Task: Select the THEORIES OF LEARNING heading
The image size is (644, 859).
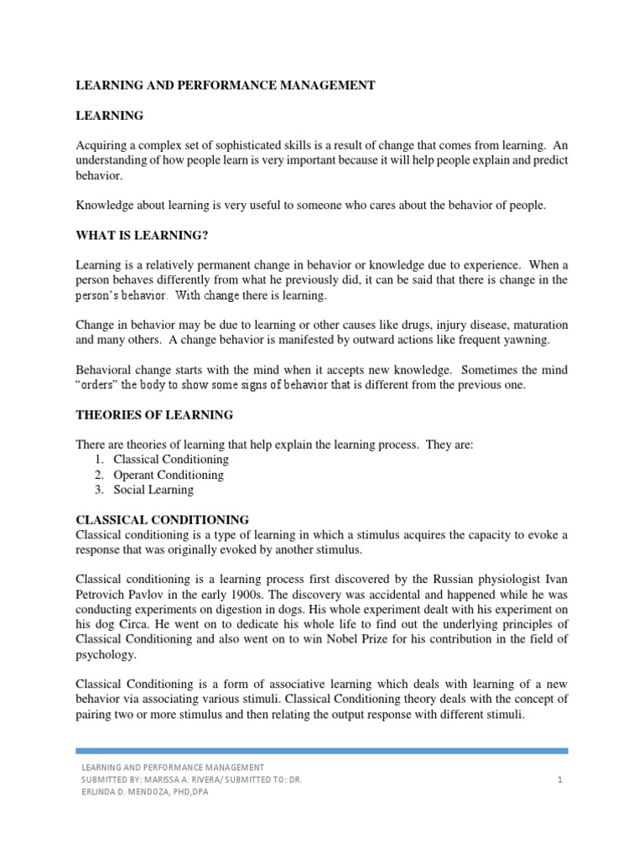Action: (154, 414)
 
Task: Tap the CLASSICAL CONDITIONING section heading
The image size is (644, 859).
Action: (162, 520)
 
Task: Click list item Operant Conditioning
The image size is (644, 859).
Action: (169, 475)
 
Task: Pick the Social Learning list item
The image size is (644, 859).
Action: (153, 490)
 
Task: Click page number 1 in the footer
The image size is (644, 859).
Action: (558, 781)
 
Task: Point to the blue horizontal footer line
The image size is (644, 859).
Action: (322, 751)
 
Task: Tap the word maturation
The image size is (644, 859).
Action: (537, 324)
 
